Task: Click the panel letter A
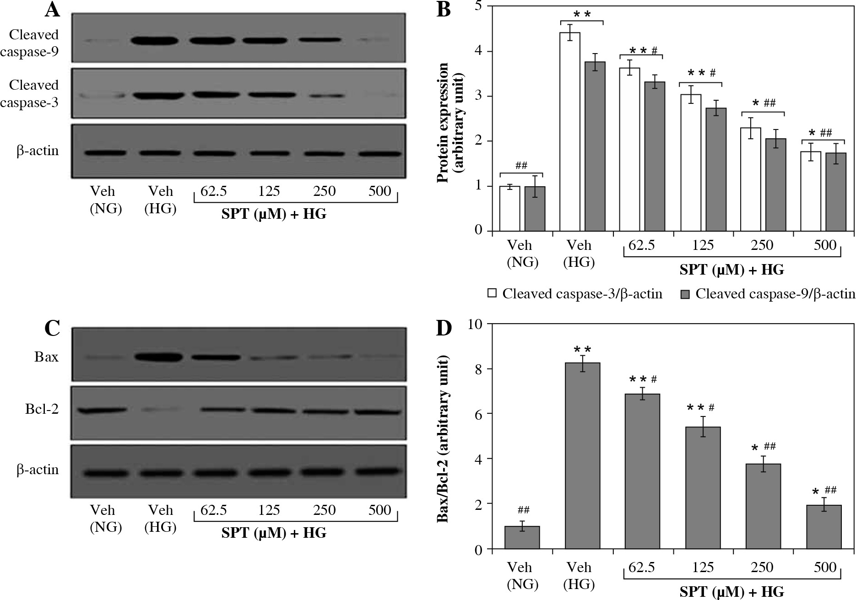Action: [53, 10]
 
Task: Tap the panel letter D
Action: [444, 329]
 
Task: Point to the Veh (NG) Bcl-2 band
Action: [102, 410]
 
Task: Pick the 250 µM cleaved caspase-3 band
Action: [324, 96]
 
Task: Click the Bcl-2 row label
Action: [42, 409]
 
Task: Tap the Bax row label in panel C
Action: [46, 357]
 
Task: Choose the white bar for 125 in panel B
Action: [691, 162]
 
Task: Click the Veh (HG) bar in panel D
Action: [582, 455]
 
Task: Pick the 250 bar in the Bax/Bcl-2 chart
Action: [763, 506]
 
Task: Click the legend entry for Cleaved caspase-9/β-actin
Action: [768, 294]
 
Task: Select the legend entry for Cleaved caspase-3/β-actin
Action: [575, 294]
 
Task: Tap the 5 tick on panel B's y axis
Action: [478, 6]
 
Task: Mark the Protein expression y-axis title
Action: [450, 123]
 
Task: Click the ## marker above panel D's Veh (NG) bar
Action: [524, 510]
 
